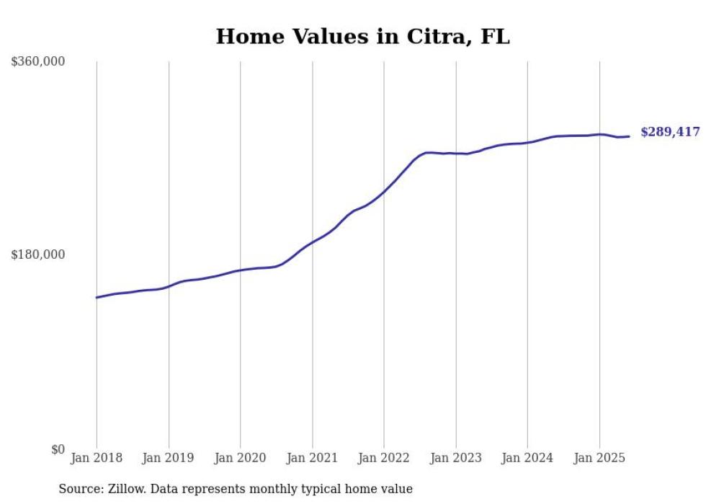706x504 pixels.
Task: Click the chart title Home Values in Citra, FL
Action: (362, 37)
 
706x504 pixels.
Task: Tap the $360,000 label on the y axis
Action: (38, 62)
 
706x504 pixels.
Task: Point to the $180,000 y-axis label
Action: (38, 255)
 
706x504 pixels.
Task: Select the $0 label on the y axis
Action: (58, 449)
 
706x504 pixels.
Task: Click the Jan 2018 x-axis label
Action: (97, 458)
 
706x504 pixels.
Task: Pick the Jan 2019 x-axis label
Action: (169, 458)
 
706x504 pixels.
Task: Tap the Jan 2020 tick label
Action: (241, 458)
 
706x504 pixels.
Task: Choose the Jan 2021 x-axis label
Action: (312, 458)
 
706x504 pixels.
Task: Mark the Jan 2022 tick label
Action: (384, 458)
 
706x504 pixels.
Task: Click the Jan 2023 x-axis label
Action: (455, 458)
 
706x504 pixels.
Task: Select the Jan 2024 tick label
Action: (527, 458)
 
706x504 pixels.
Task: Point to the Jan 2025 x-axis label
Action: (599, 458)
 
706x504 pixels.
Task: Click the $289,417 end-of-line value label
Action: (670, 132)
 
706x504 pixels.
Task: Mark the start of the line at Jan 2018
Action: (97, 297)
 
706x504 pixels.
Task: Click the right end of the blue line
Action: (630, 136)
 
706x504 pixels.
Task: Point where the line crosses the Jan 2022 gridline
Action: (384, 192)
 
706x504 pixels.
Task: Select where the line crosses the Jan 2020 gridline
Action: (241, 270)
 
